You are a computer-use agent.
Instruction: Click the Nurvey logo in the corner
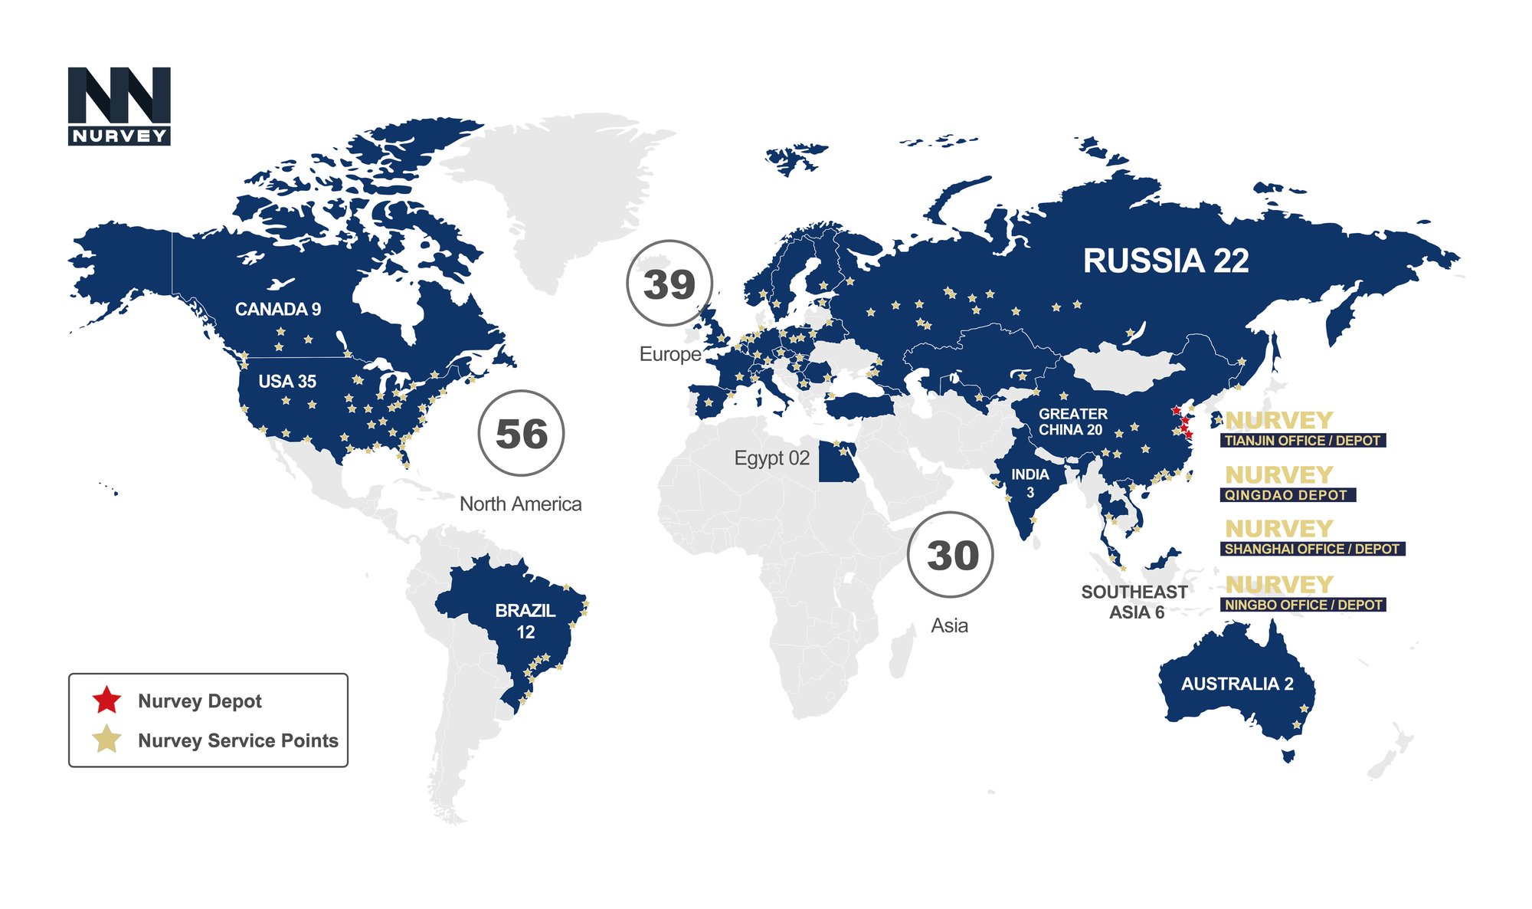(x=119, y=106)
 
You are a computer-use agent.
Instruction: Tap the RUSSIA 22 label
(x=1165, y=261)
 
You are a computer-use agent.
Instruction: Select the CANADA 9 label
(x=277, y=310)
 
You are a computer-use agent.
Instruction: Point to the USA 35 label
(x=287, y=382)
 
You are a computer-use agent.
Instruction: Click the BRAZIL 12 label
(x=525, y=621)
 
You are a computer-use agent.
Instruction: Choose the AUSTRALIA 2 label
(x=1236, y=684)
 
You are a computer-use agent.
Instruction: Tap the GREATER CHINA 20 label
(x=1072, y=422)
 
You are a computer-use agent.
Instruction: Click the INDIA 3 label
(x=1030, y=483)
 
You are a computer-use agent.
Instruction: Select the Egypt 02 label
(x=771, y=458)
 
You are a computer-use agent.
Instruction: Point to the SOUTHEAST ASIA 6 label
(x=1134, y=602)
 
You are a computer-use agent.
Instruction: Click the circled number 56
(x=521, y=434)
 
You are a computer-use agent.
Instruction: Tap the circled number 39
(x=669, y=284)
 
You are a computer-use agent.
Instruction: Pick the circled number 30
(x=951, y=555)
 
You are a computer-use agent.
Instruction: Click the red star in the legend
(x=106, y=700)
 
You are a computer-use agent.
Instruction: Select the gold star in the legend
(x=106, y=740)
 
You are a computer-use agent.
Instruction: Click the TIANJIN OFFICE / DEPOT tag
(x=1302, y=441)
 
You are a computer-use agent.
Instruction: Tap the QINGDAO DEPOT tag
(x=1286, y=495)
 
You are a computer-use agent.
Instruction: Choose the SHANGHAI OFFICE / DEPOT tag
(x=1311, y=549)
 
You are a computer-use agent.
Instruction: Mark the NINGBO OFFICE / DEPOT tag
(x=1302, y=605)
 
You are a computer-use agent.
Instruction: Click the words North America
(x=520, y=504)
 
